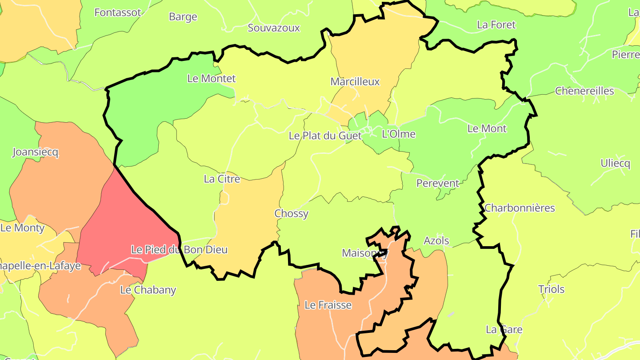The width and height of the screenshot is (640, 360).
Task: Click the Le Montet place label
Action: (211, 79)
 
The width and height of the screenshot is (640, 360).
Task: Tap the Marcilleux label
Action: (355, 82)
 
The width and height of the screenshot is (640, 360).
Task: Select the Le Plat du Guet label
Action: (325, 136)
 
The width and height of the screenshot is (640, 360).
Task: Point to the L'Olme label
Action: (399, 134)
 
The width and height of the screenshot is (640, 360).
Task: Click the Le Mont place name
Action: (487, 129)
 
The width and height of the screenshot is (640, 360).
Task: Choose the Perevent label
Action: (437, 183)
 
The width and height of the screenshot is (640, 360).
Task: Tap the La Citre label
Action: (222, 179)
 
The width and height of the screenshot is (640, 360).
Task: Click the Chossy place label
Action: (291, 213)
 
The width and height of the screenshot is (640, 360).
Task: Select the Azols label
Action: (436, 241)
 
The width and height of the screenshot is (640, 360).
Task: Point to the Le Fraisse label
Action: (328, 305)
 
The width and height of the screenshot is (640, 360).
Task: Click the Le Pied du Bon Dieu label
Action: (179, 250)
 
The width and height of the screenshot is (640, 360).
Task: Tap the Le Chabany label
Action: (148, 290)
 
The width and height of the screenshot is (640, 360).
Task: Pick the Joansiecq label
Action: (35, 152)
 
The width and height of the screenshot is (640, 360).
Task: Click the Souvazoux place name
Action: (274, 28)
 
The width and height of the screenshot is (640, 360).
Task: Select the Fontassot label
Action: (118, 12)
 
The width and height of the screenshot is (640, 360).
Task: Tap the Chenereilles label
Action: (584, 91)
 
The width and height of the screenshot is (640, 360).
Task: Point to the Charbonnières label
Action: (520, 208)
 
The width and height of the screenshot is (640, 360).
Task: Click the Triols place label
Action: (551, 289)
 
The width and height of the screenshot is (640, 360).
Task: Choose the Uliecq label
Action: (615, 163)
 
